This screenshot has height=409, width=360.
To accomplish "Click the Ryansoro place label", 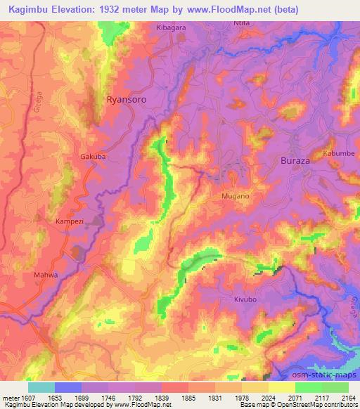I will (127, 100).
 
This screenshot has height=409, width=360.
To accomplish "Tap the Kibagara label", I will (171, 27).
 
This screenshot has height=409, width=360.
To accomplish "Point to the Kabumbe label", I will (339, 153).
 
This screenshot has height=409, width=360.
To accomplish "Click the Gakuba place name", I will (93, 157).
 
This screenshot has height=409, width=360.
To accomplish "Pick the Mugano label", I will (236, 196).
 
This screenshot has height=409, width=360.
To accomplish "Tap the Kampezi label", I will (70, 221).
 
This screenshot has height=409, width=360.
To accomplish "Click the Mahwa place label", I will (46, 275).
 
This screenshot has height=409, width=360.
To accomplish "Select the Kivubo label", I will (247, 299).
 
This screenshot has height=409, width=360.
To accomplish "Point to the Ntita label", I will (241, 23).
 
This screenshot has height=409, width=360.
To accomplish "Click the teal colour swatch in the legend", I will (41, 387).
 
